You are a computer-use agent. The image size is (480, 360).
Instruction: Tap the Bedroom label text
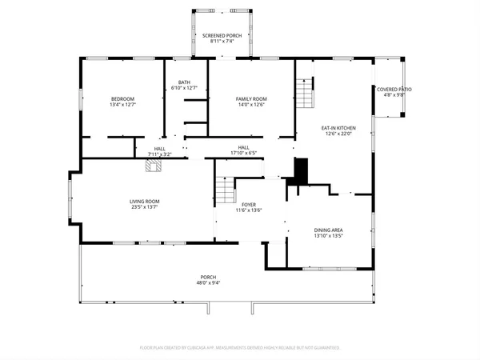click(122, 98)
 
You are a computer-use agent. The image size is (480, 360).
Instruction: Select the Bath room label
click(185, 82)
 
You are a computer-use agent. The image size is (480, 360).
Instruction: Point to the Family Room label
click(250, 98)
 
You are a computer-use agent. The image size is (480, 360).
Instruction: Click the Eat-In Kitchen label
click(338, 128)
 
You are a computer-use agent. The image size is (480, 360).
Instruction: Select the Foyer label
click(249, 205)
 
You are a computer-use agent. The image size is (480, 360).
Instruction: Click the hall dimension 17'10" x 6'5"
click(243, 153)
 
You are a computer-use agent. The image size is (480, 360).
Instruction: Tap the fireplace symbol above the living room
click(154, 166)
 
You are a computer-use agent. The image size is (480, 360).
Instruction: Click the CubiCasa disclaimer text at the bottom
click(240, 348)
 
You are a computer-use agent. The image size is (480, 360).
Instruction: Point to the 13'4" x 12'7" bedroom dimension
click(122, 104)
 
